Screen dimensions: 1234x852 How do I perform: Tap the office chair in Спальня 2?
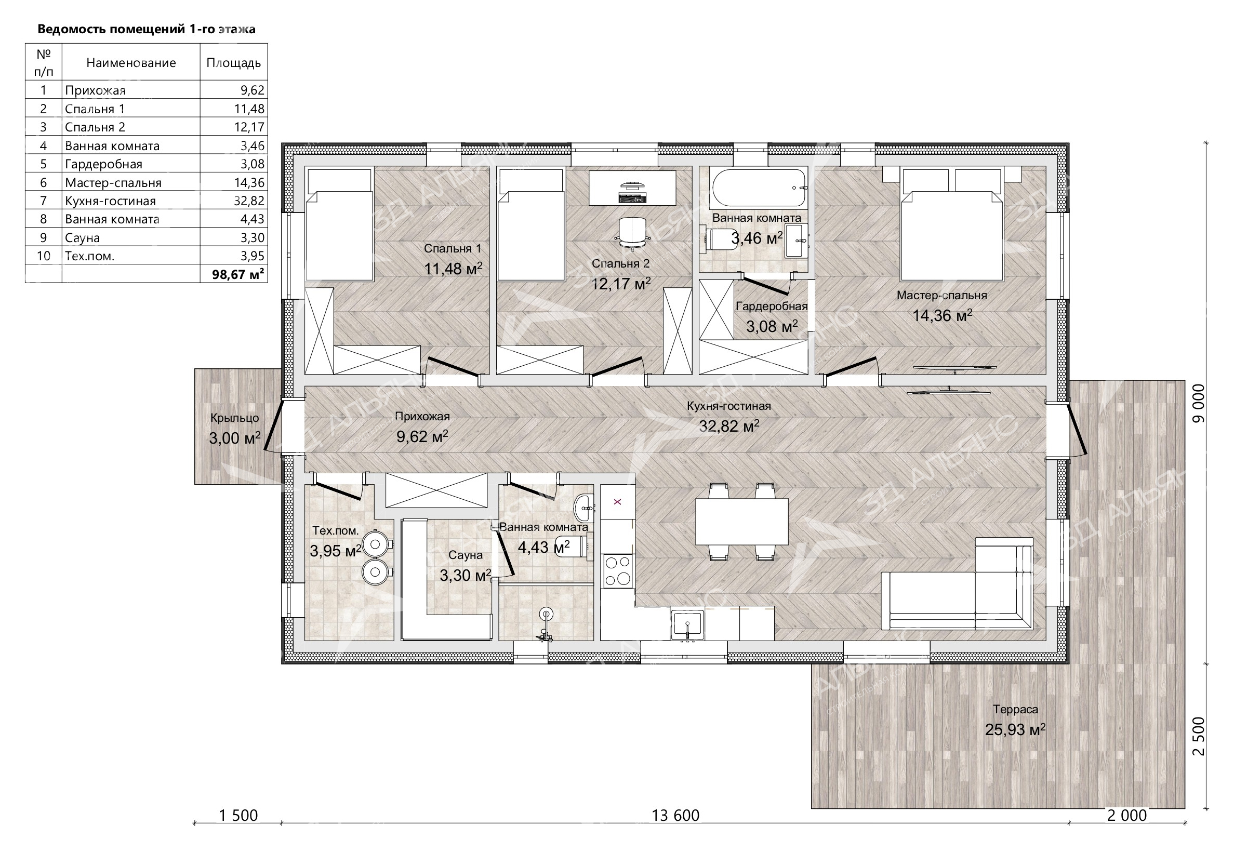pyautogui.click(x=633, y=234)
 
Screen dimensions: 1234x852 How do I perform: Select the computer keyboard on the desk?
pyautogui.click(x=632, y=198)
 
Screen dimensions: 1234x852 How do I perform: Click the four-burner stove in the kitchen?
pyautogui.click(x=618, y=570)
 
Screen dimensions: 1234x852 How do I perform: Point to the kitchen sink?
pyautogui.click(x=687, y=625)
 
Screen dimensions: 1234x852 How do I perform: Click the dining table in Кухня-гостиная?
pyautogui.click(x=742, y=522)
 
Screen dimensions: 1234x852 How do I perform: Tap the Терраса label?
pyautogui.click(x=1015, y=710)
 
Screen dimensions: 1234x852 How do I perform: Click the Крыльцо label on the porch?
pyautogui.click(x=234, y=418)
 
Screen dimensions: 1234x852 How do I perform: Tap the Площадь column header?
pyautogui.click(x=234, y=62)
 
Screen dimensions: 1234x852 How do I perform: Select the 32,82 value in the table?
pyautogui.click(x=249, y=201)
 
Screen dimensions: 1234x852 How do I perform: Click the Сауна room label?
pyautogui.click(x=466, y=555)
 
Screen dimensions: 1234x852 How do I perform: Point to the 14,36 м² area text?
pyautogui.click(x=942, y=315)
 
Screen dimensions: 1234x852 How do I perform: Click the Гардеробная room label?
pyautogui.click(x=772, y=307)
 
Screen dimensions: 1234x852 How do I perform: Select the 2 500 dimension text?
pyautogui.click(x=1198, y=737)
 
